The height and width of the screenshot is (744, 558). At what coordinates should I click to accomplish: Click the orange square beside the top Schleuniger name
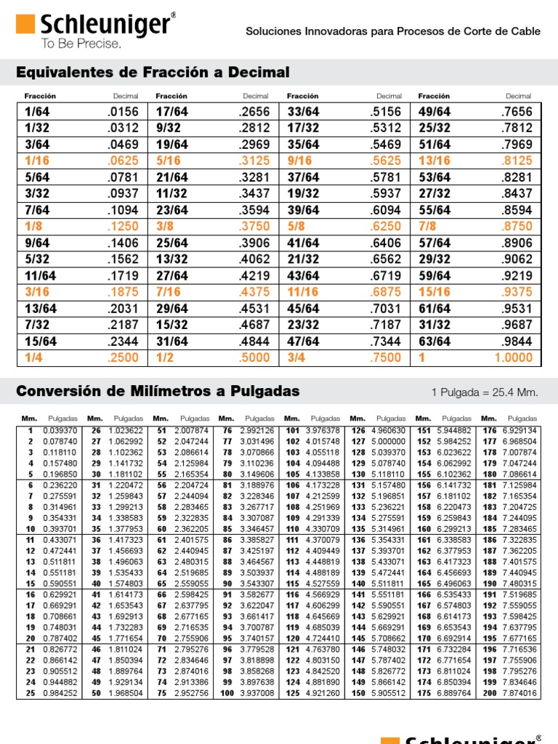[x=26, y=26]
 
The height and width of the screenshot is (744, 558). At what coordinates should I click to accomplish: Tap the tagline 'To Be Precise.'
[x=81, y=44]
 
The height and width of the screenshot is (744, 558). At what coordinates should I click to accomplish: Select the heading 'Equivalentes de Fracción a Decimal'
[x=153, y=73]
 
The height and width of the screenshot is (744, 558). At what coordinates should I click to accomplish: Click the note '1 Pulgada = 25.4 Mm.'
[x=485, y=392]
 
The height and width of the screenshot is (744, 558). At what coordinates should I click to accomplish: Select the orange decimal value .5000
[x=254, y=357]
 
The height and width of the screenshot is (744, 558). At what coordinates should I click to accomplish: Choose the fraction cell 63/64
[x=434, y=341]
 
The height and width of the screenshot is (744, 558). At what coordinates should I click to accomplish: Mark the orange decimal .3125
[x=254, y=161]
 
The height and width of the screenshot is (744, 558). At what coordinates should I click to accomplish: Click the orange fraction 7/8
[x=428, y=226]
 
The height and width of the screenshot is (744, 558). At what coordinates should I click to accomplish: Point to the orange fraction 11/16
[x=303, y=292]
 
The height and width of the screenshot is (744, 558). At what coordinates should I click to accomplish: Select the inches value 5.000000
[x=389, y=441]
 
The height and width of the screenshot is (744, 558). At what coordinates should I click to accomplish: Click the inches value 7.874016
[x=520, y=693]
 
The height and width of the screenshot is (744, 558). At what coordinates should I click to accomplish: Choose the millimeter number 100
[x=227, y=693]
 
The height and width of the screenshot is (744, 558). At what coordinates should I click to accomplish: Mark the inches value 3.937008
[x=257, y=693]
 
